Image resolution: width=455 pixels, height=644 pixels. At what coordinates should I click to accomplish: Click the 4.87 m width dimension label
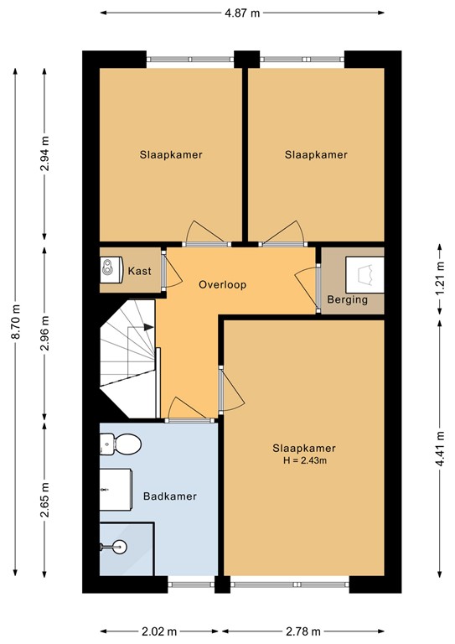[242, 13]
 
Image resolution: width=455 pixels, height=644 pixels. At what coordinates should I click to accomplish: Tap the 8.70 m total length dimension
[16, 322]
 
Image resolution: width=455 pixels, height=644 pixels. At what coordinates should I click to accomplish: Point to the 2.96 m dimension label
[44, 333]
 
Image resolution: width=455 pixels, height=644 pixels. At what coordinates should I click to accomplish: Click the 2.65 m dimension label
[44, 500]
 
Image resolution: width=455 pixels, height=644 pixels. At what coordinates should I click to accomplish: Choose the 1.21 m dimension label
[440, 278]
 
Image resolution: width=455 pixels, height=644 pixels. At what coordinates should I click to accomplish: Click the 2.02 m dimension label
[159, 631]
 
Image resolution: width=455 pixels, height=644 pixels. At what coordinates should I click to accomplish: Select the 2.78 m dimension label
[302, 631]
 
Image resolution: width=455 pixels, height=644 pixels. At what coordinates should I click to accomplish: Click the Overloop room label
[222, 284]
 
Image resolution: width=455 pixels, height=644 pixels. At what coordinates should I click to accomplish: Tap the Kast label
[139, 271]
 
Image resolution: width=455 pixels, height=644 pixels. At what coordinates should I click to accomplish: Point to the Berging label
[347, 300]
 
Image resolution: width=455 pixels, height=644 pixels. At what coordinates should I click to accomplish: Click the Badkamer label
[170, 496]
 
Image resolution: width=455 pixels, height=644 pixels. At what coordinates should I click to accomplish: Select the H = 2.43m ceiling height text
[305, 460]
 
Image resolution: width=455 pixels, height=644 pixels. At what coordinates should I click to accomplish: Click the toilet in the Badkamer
[120, 444]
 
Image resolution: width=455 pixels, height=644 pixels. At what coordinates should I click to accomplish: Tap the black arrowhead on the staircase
[148, 327]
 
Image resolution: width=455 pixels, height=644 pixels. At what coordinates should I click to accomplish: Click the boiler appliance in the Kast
[111, 269]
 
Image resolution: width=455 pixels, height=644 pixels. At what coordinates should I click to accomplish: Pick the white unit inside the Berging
[365, 274]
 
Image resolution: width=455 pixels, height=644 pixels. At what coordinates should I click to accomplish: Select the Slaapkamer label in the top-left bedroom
[171, 155]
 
